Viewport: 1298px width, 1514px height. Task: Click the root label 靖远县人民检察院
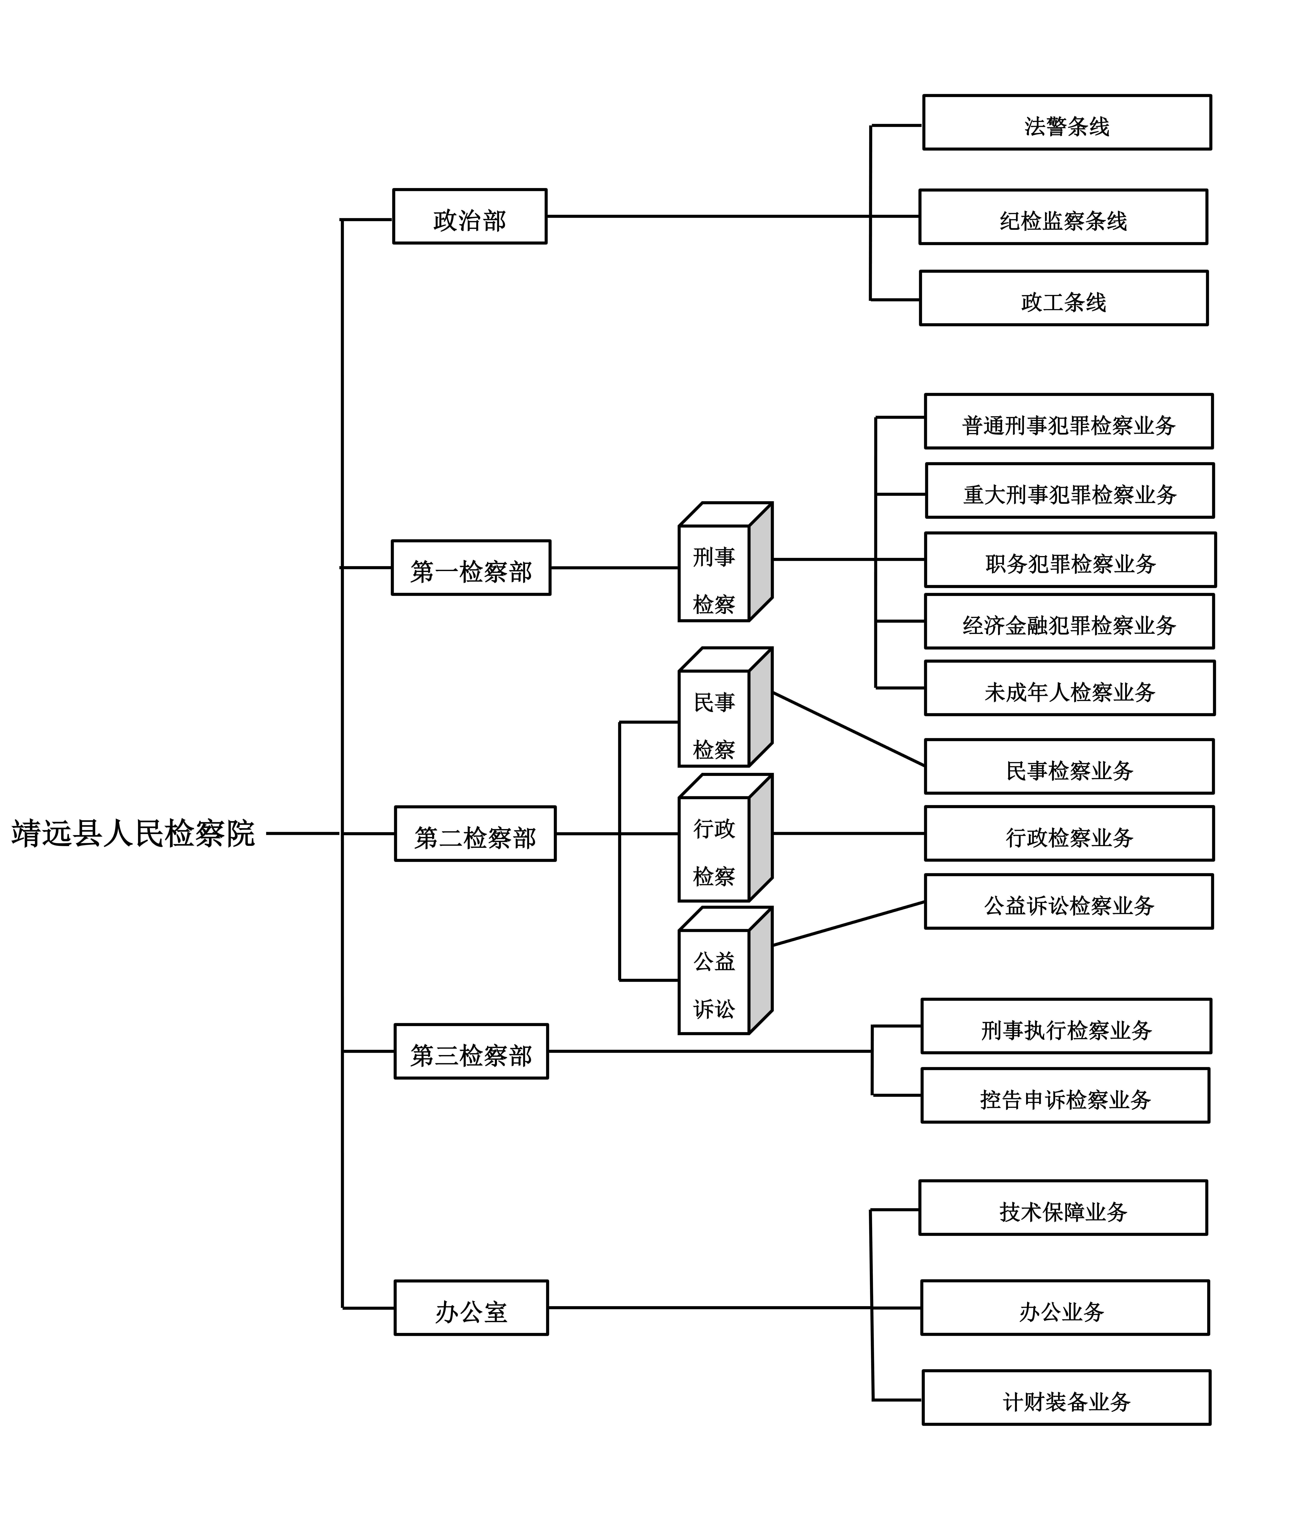pyautogui.click(x=133, y=833)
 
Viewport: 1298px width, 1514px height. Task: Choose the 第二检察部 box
pyautogui.click(x=475, y=834)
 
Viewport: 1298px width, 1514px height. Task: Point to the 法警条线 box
pyautogui.click(x=1066, y=123)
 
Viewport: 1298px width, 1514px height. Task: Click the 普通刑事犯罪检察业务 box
pyautogui.click(x=1069, y=422)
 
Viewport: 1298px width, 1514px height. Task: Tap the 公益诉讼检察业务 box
pyautogui.click(x=1069, y=902)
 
